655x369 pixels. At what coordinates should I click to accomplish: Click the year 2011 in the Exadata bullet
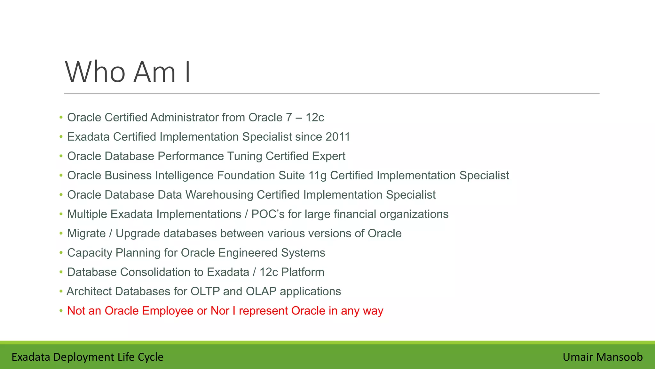point(338,137)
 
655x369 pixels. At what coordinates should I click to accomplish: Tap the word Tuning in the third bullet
point(245,156)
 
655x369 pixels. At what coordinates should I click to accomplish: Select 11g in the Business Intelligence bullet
point(317,176)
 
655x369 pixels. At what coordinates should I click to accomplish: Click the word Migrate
point(86,234)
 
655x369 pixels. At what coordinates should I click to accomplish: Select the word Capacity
point(90,253)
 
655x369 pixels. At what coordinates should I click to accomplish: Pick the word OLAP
point(261,291)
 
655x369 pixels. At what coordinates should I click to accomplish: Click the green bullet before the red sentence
point(61,311)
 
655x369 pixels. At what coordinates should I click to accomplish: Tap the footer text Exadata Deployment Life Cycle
point(87,357)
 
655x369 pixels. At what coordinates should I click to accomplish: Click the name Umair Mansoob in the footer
point(603,357)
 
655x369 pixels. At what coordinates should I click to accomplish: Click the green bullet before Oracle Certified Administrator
point(61,118)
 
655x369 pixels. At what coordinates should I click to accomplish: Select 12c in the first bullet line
point(315,118)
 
